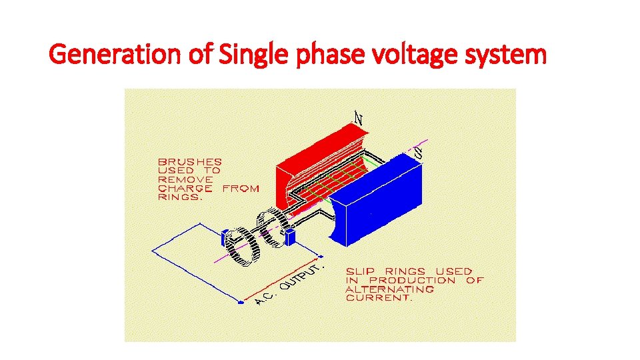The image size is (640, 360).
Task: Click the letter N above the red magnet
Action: point(358,118)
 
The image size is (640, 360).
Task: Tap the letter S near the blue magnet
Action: point(418,151)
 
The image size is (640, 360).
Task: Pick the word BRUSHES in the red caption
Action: point(190,162)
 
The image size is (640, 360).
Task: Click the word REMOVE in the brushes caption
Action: point(185,179)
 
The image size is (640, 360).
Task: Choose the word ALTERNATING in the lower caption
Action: point(390,289)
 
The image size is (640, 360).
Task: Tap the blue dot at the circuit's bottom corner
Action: point(241,302)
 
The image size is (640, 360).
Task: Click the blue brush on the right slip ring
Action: point(290,237)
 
